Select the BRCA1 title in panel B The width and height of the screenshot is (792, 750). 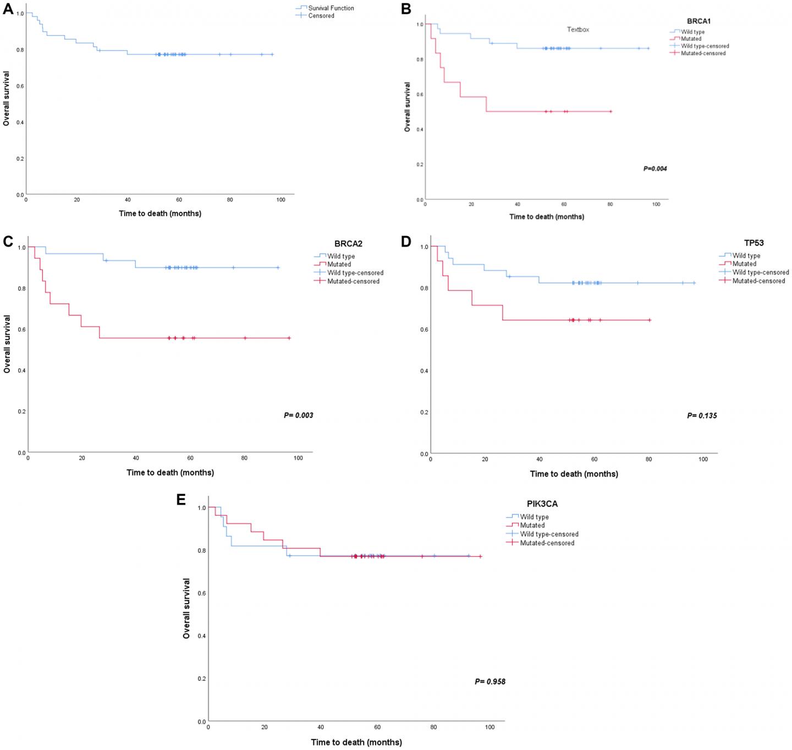pyautogui.click(x=698, y=21)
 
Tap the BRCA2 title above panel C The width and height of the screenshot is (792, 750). pyautogui.click(x=348, y=244)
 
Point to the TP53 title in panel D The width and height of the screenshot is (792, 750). pyautogui.click(x=754, y=243)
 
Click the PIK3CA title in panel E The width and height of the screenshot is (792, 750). pyautogui.click(x=542, y=503)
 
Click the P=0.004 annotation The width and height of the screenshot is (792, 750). pyautogui.click(x=655, y=168)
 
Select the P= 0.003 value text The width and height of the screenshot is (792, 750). pyautogui.click(x=298, y=415)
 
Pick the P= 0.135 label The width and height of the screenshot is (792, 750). pyautogui.click(x=702, y=416)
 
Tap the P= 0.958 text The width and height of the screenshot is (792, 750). pyautogui.click(x=490, y=682)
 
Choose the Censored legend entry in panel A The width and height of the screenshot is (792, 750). pyautogui.click(x=321, y=16)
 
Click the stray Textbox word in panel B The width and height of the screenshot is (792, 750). pyautogui.click(x=578, y=30)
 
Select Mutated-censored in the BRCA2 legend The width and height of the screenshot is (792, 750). pyautogui.click(x=353, y=281)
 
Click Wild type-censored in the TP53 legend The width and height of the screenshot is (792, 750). pyautogui.click(x=760, y=272)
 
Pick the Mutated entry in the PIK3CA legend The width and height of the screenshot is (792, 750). pyautogui.click(x=532, y=525)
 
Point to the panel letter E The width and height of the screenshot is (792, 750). pyautogui.click(x=181, y=500)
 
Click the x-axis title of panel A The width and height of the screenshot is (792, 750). pyautogui.click(x=160, y=213)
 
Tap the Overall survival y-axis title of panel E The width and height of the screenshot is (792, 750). pyautogui.click(x=187, y=608)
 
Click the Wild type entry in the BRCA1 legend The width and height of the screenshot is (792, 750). pyautogui.click(x=692, y=32)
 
